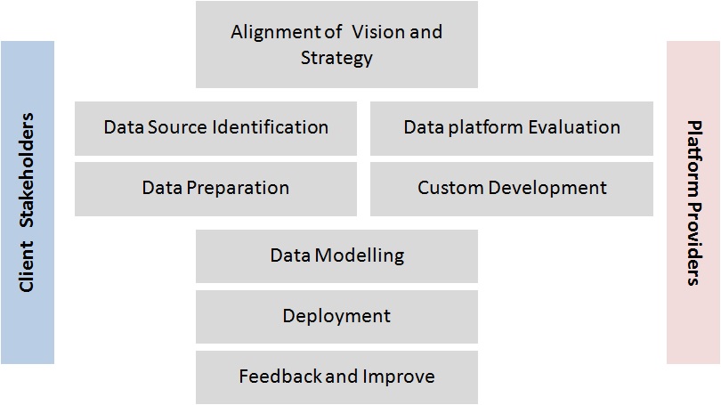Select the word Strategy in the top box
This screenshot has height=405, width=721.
336,59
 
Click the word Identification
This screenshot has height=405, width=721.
272,126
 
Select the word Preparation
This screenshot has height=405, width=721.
237,188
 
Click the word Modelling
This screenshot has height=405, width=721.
360,255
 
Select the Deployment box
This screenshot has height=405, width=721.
336,316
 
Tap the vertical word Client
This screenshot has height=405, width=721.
28,267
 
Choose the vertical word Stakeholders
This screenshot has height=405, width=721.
28,168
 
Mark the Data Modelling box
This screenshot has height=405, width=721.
336,255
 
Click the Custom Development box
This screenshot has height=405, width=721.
512,188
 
